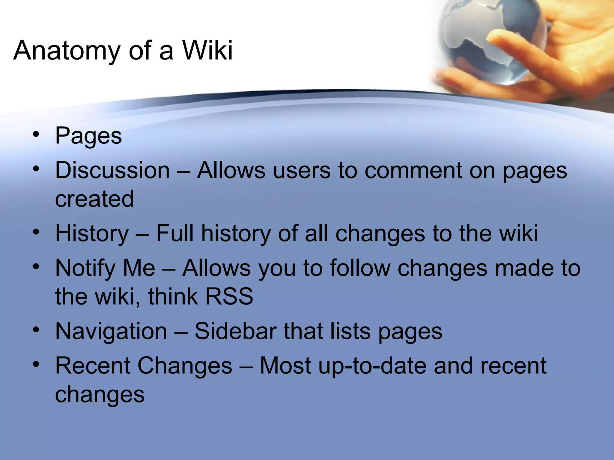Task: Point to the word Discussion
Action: [112, 170]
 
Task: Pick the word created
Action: [94, 199]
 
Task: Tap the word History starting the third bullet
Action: [92, 234]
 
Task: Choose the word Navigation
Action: [111, 331]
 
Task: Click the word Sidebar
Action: [236, 331]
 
